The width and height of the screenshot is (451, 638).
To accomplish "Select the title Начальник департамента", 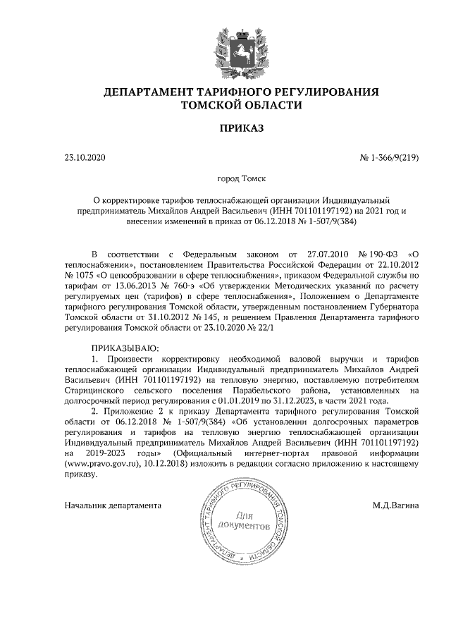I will coord(113,505).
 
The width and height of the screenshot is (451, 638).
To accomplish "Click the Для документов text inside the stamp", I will coord(245,520).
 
